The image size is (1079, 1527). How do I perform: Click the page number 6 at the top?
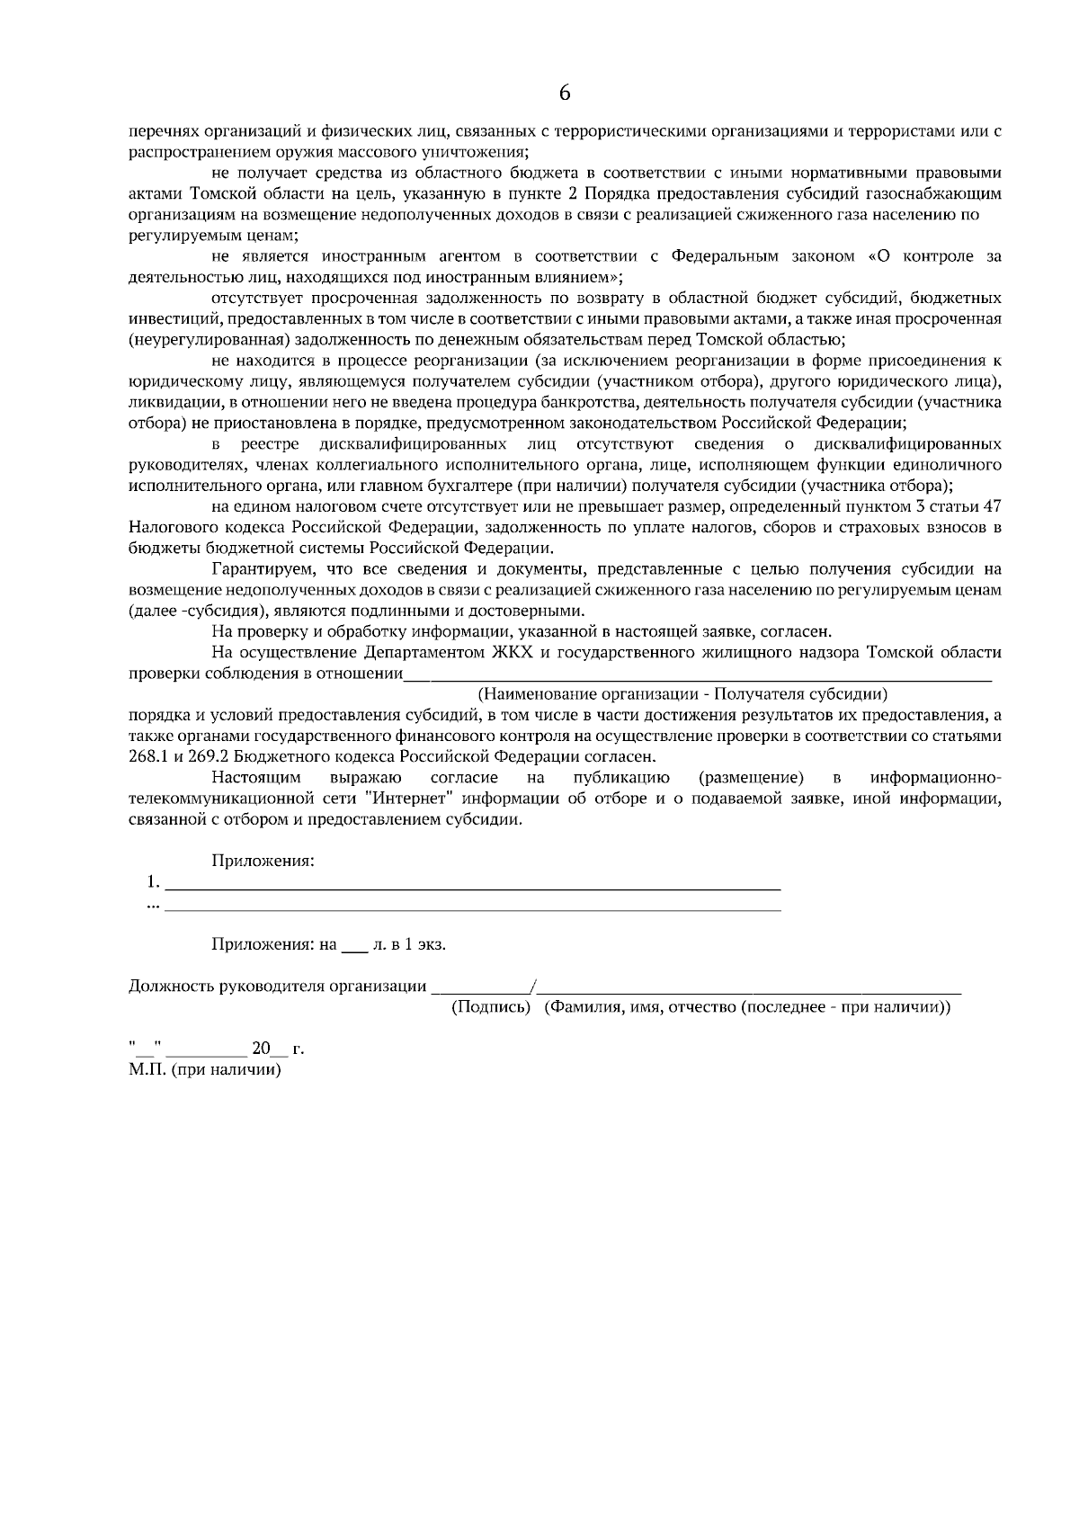point(565,94)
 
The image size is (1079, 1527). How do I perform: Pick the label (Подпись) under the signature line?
point(491,1007)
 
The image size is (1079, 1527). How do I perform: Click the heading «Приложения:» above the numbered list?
point(263,861)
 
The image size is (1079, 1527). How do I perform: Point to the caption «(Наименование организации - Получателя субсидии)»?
point(682,693)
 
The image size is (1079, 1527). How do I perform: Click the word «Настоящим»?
point(256,777)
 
